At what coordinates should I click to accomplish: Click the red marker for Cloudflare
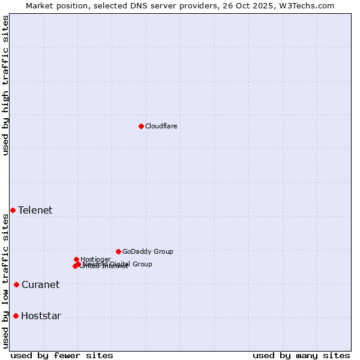tap(141, 126)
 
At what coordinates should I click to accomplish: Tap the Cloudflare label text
tap(161, 126)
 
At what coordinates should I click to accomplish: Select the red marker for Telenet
tap(13, 210)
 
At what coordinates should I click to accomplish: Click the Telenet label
tap(35, 210)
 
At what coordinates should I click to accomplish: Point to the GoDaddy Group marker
tap(118, 251)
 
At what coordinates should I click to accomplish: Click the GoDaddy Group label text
tap(148, 251)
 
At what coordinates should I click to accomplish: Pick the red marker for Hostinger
tap(76, 259)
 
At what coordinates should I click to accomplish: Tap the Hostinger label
tap(95, 259)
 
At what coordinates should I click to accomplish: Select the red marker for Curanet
tap(16, 284)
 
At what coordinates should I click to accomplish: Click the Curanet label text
tap(40, 284)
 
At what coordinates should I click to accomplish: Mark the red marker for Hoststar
tap(16, 316)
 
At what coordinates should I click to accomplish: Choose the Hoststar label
tap(41, 316)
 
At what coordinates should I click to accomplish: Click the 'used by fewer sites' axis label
tap(62, 355)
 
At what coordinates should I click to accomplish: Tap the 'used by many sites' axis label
tap(301, 355)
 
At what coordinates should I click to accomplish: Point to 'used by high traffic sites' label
tap(6, 85)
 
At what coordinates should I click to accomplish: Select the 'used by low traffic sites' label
tap(6, 281)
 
